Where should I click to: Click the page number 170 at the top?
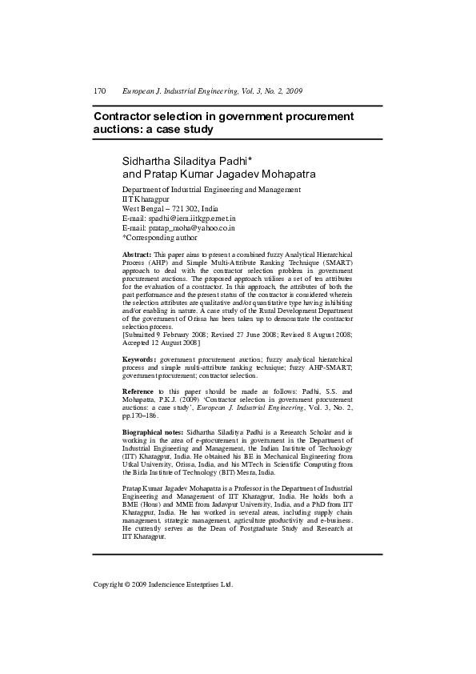click(x=100, y=91)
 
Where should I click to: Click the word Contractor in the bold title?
click(x=126, y=116)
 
